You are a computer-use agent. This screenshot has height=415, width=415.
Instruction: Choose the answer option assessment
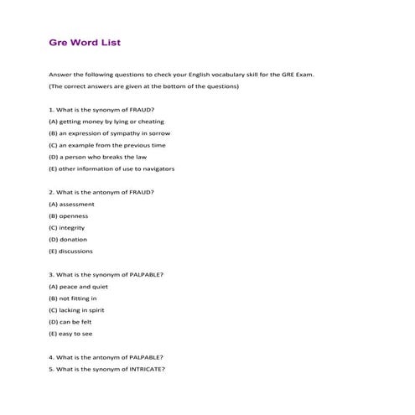click(72, 204)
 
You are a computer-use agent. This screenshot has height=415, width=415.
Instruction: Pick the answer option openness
click(69, 215)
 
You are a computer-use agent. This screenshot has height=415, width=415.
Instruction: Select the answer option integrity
click(67, 227)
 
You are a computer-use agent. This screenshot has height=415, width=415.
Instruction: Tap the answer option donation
click(68, 239)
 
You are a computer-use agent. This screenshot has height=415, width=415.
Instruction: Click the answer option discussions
click(71, 251)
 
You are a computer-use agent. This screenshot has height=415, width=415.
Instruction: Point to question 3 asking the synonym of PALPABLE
click(106, 274)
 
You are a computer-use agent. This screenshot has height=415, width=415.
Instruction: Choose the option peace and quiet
click(78, 286)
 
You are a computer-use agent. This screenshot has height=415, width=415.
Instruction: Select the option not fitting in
click(73, 298)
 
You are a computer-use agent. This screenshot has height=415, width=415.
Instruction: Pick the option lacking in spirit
click(75, 309)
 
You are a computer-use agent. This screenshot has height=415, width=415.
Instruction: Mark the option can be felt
click(70, 321)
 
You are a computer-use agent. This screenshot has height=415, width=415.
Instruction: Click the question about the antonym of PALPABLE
click(106, 357)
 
